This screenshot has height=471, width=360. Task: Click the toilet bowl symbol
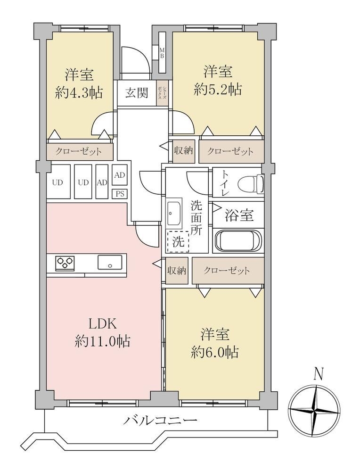click(251, 183)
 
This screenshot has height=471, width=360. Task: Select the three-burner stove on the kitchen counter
click(65, 263)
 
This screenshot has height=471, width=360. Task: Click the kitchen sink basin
click(110, 262)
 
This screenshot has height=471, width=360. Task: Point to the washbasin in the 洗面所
click(174, 213)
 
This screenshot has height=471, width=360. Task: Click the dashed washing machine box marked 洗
click(178, 241)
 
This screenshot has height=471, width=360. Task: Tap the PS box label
click(120, 194)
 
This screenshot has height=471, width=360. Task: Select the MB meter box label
click(162, 52)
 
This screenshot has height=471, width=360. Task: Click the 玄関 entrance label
click(137, 93)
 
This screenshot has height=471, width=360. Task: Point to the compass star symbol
click(314, 410)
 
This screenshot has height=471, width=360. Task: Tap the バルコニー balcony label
click(161, 420)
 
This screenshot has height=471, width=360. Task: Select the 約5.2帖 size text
click(218, 89)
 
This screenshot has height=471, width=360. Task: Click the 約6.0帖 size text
click(215, 352)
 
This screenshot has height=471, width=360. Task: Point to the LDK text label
click(102, 324)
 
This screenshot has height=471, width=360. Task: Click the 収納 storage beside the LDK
click(177, 271)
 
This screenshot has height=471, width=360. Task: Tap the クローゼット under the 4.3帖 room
click(79, 151)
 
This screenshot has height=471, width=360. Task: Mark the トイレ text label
click(225, 183)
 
